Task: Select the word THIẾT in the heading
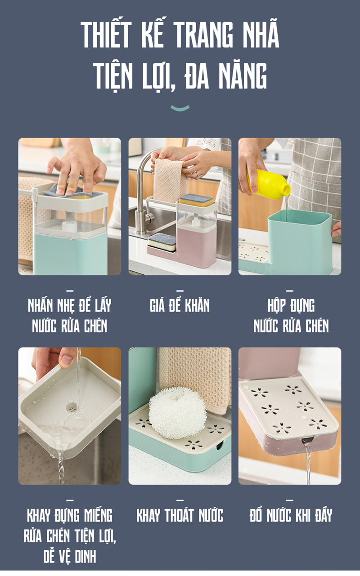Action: (107, 35)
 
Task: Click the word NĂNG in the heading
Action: (243, 76)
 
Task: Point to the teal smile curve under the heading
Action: (180, 108)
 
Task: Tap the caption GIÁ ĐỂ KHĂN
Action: (180, 305)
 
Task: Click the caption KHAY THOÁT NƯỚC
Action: (180, 515)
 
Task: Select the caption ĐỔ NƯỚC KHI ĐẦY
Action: (291, 515)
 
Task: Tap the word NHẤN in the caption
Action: (40, 305)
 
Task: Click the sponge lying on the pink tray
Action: (162, 241)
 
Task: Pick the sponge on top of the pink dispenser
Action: (196, 201)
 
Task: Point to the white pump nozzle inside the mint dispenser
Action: (70, 224)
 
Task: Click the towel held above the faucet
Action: (171, 180)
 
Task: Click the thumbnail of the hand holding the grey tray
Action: (69, 416)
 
